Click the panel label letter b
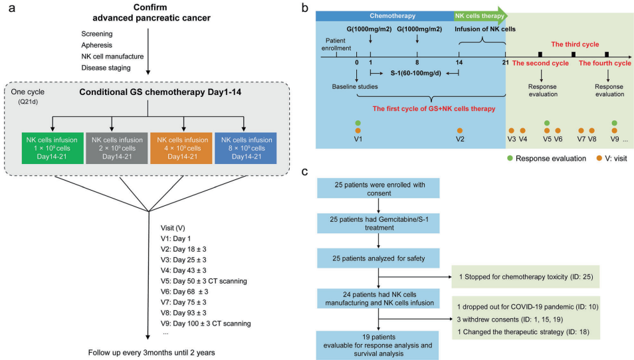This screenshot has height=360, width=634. click(304, 9)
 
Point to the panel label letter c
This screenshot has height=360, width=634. click(304, 171)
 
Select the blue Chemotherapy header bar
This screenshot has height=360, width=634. click(385, 15)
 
